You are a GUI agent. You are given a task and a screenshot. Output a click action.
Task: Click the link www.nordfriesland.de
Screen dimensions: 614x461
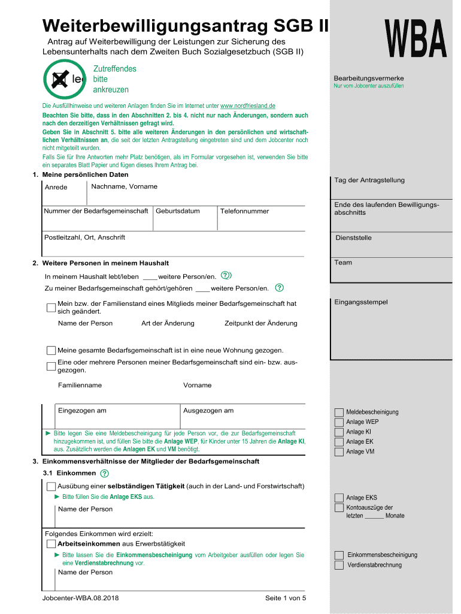[x=248, y=106]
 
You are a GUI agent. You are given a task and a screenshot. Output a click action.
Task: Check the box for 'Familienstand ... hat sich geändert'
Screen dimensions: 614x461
[x=51, y=308]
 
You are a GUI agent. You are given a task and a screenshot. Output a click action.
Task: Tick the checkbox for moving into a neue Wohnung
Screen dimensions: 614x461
[x=51, y=350]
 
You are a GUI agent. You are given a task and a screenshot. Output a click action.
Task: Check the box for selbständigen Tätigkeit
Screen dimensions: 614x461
[x=51, y=486]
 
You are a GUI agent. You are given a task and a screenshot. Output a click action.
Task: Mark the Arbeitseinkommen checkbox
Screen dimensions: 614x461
[x=51, y=543]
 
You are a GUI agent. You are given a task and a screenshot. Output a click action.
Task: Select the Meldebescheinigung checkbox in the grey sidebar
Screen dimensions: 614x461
[x=339, y=413]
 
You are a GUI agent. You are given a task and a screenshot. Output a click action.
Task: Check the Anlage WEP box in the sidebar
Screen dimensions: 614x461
[x=339, y=422]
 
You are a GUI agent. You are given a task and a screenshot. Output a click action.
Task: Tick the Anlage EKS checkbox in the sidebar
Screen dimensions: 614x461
[x=339, y=498]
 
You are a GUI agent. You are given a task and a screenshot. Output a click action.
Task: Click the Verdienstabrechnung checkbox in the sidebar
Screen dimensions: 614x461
[x=339, y=565]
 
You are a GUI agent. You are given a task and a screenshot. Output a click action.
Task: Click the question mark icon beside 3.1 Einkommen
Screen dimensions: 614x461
[x=105, y=474]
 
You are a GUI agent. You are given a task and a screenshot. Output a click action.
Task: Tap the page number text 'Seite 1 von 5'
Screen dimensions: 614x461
[x=285, y=598]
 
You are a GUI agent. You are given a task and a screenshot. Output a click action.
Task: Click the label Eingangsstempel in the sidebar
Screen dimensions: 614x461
[x=361, y=302]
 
